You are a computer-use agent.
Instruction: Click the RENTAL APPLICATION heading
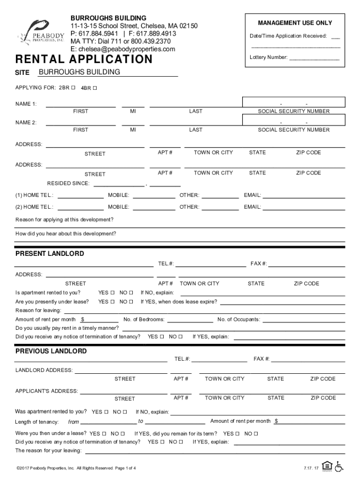click(x=84, y=59)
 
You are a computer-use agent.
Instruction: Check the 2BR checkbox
click(x=73, y=88)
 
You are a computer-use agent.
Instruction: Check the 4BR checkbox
click(x=95, y=88)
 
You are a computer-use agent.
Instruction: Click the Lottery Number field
click(x=314, y=58)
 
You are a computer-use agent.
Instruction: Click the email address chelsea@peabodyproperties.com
click(x=123, y=49)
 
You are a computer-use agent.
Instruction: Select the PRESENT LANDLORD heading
click(x=50, y=254)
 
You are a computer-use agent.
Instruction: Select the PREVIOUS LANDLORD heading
click(x=51, y=351)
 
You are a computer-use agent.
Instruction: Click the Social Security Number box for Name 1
click(x=294, y=102)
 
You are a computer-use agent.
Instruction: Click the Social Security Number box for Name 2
click(x=294, y=121)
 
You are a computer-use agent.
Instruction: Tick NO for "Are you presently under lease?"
click(x=131, y=302)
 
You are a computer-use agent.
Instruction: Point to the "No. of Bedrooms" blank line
click(x=190, y=319)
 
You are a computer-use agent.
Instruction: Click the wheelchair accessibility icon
click(x=339, y=466)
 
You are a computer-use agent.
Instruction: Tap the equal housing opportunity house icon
click(x=327, y=466)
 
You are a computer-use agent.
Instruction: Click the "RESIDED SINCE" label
click(x=68, y=183)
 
